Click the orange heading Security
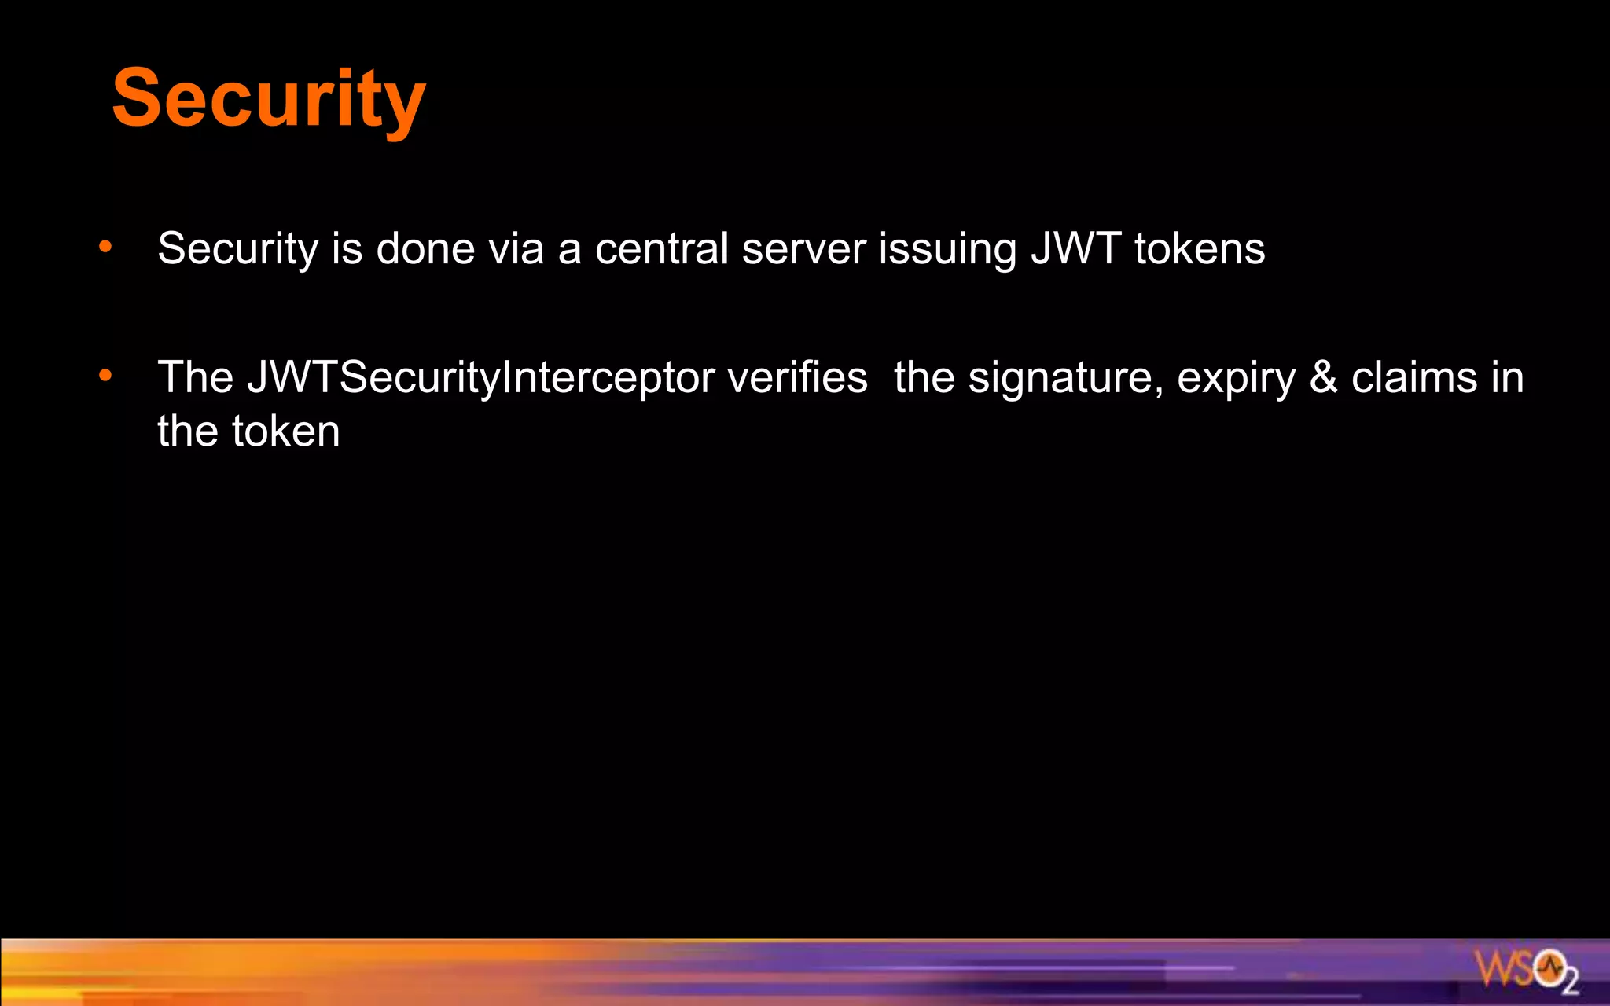coord(269,98)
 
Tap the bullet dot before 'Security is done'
coord(105,248)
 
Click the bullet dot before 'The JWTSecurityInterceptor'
coord(105,376)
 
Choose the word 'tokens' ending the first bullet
coord(1200,248)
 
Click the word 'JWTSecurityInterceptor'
coord(481,378)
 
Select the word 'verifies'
coord(797,377)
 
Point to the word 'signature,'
coord(1065,379)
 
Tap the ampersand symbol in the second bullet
coord(1324,377)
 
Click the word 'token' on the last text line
coord(286,431)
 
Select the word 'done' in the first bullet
coord(425,248)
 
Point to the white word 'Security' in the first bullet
coord(237,250)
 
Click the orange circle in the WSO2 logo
coord(1550,967)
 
